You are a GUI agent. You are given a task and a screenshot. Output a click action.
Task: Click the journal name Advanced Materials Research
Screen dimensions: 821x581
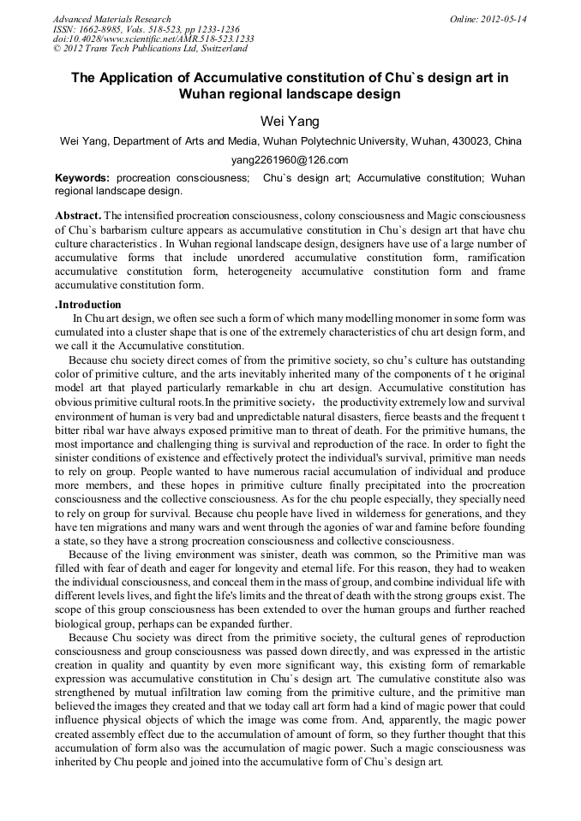coord(111,19)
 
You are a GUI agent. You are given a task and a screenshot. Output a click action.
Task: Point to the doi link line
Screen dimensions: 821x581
coord(153,39)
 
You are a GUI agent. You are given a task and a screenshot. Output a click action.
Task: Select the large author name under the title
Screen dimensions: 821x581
coord(290,121)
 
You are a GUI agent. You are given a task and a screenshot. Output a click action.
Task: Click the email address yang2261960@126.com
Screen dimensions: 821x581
coord(290,160)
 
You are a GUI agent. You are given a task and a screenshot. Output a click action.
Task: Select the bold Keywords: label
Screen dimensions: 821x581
coord(82,178)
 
